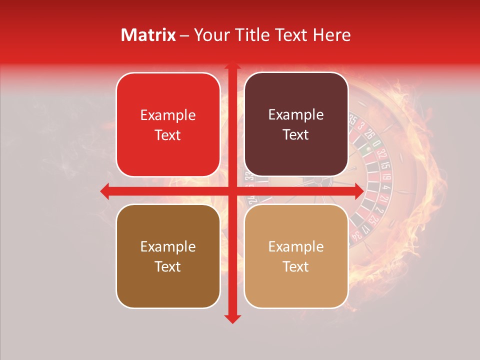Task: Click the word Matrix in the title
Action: click(x=148, y=35)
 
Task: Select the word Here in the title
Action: click(x=331, y=35)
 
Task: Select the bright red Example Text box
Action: click(x=168, y=124)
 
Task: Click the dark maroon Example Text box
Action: click(x=296, y=124)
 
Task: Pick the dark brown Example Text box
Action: click(x=168, y=256)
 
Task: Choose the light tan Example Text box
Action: click(x=296, y=256)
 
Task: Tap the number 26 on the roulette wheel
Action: click(x=370, y=134)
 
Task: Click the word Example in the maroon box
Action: click(x=296, y=115)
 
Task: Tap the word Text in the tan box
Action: click(x=296, y=266)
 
